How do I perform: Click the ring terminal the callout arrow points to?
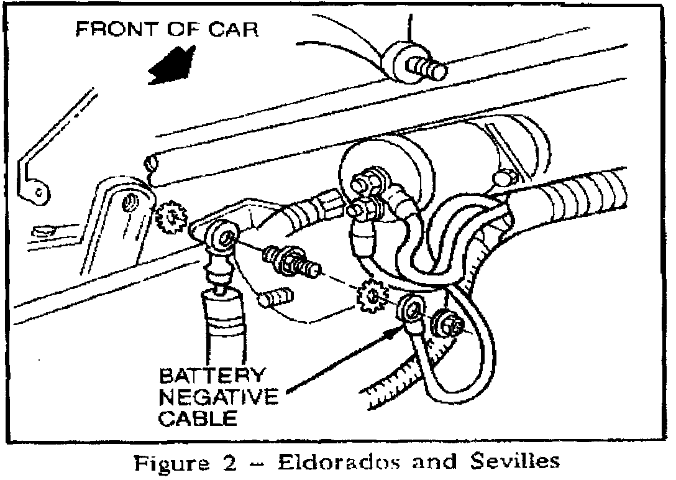(x=411, y=309)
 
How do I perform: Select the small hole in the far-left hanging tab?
(x=39, y=193)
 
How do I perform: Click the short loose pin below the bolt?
(x=274, y=298)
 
